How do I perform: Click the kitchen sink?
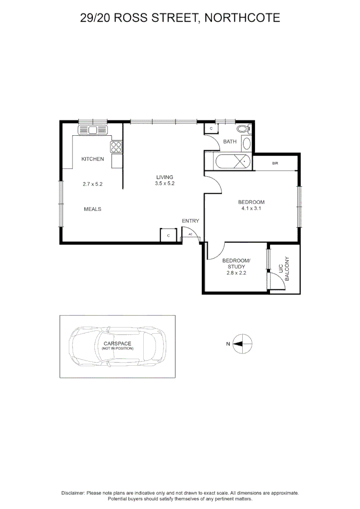point(93,130)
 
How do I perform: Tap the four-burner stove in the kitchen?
point(116,147)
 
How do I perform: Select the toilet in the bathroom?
point(243,129)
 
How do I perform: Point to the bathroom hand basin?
point(246,143)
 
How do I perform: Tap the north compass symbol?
point(244,344)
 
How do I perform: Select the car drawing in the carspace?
point(118,346)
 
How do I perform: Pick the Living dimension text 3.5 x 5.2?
point(165,184)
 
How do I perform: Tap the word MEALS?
point(93,209)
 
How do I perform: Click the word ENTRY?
point(190,221)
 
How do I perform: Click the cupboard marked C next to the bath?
point(211,129)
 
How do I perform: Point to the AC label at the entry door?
point(190,234)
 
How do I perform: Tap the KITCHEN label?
point(92,159)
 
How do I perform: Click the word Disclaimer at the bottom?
point(73,493)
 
